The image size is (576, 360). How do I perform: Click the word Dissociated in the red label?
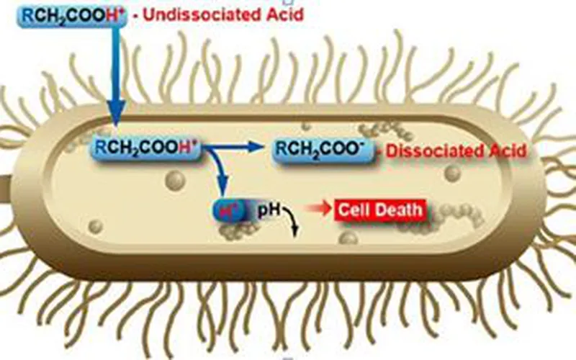441,150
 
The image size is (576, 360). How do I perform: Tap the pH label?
267,210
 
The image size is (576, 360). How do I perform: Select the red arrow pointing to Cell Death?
317,210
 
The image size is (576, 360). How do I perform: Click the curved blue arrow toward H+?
221,173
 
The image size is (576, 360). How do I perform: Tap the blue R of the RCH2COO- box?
282,149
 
